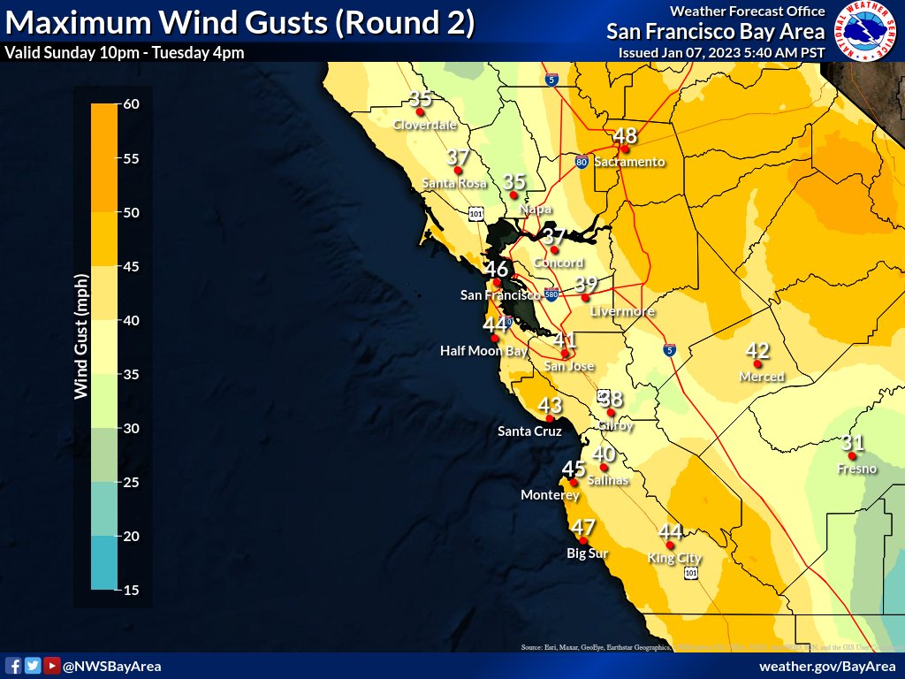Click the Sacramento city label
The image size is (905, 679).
[628, 162]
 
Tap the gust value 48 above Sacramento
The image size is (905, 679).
[625, 135]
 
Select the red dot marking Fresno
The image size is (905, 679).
[852, 455]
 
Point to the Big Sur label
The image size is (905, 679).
[587, 553]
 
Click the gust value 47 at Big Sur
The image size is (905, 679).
[582, 528]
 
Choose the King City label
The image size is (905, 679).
[673, 558]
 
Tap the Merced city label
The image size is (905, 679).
[761, 377]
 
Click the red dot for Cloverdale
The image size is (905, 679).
[421, 112]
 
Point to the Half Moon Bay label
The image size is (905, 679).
[483, 351]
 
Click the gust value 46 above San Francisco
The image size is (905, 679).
[496, 269]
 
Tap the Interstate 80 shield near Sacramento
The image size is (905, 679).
[581, 162]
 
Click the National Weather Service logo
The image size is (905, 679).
[865, 32]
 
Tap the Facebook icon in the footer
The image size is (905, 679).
[14, 666]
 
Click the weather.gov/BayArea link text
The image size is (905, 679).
[827, 666]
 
